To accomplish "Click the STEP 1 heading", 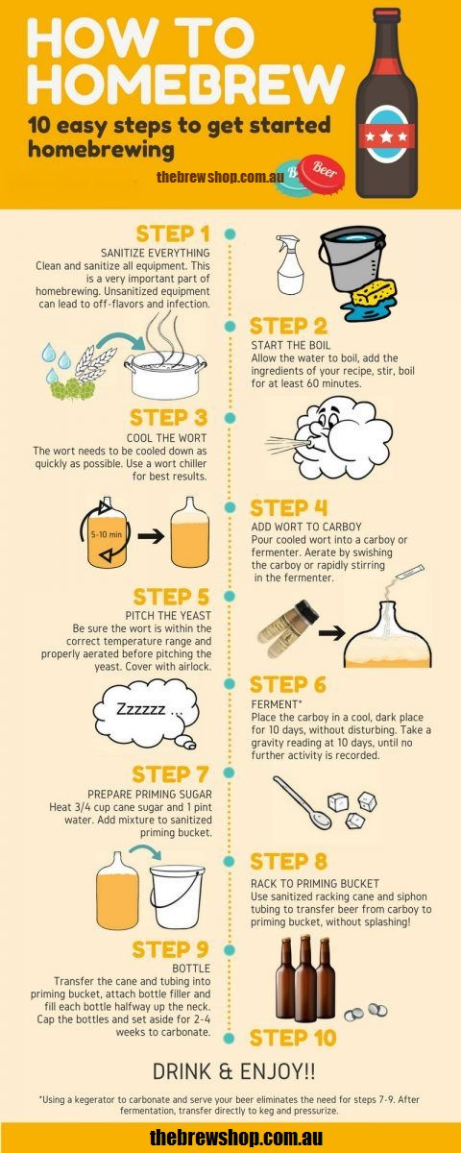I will (172, 233).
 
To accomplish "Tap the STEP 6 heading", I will (287, 685).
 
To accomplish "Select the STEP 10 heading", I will (293, 1038).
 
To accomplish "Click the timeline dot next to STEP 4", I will (230, 507).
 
